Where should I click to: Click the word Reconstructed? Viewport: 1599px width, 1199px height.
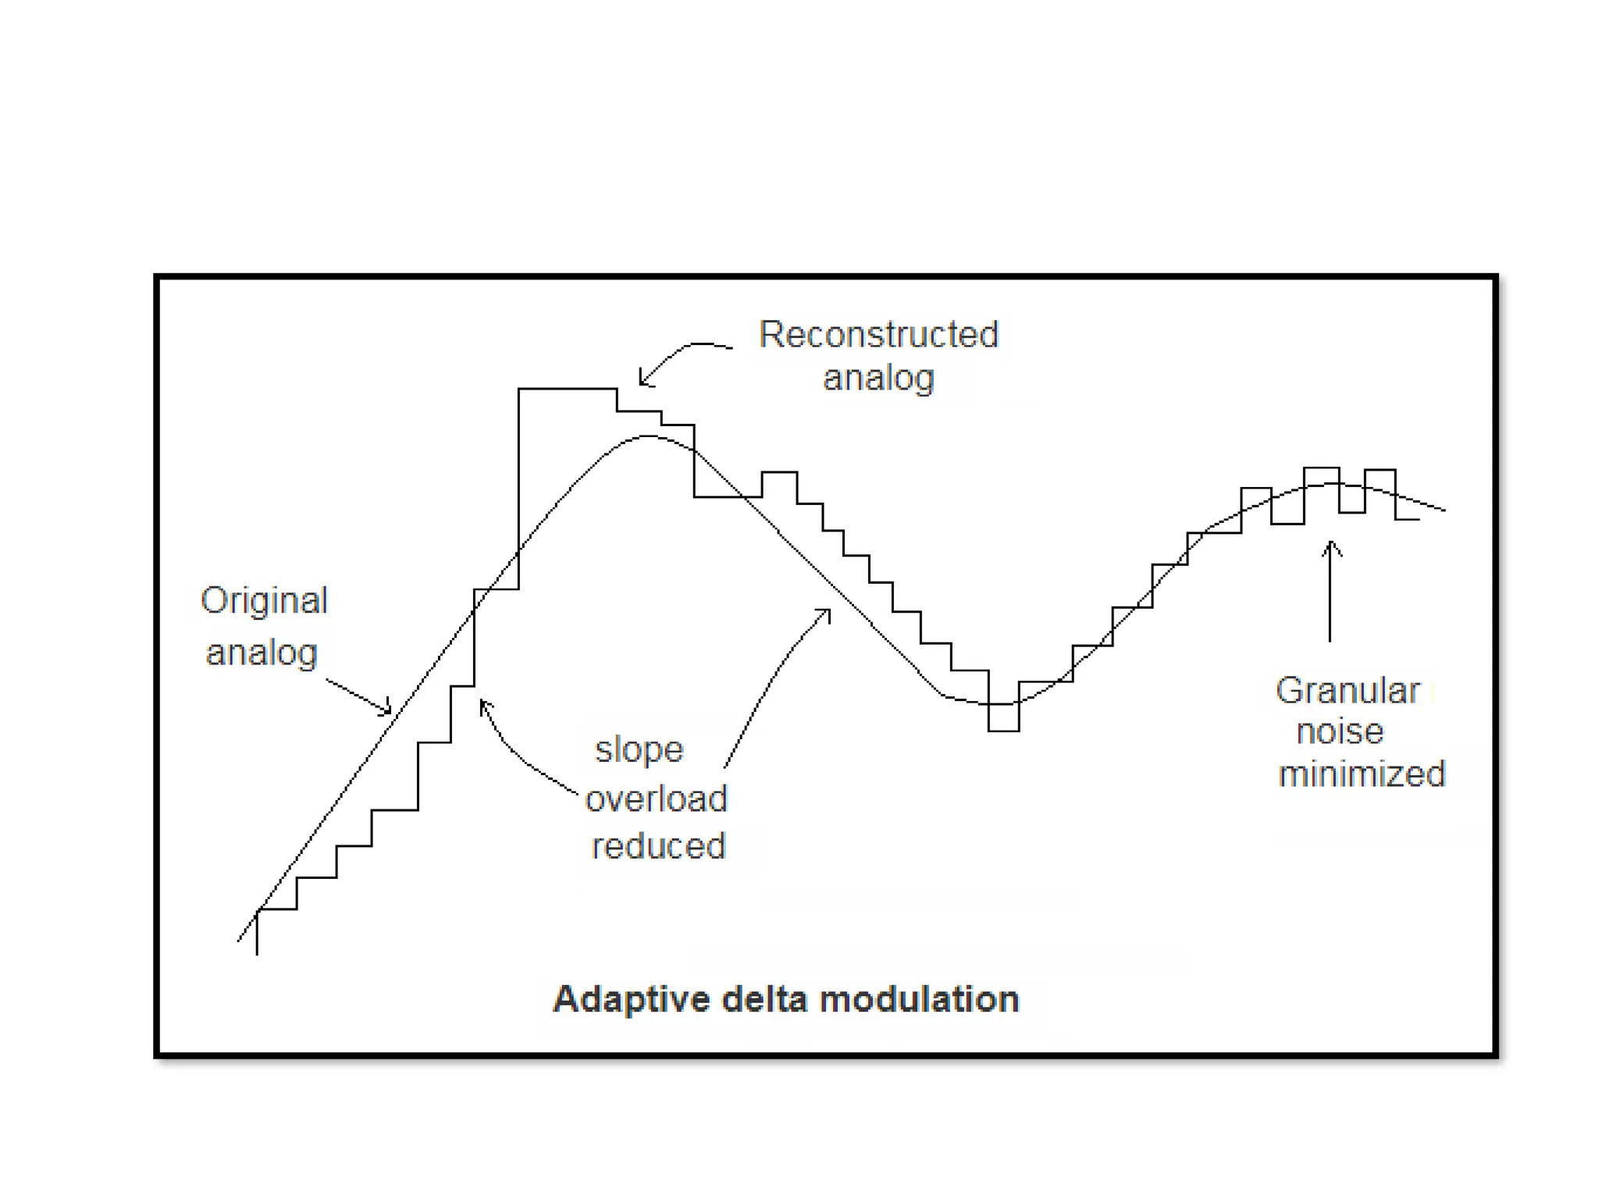click(878, 335)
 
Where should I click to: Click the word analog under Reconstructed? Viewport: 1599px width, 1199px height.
click(878, 378)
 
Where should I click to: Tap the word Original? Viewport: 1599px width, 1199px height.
click(264, 601)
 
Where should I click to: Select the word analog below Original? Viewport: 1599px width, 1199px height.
click(262, 653)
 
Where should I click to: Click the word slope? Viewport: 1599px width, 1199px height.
click(639, 750)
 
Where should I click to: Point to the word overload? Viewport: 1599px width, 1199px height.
click(657, 799)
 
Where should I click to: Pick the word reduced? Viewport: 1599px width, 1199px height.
click(658, 846)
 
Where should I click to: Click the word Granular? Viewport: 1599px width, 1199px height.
click(1348, 691)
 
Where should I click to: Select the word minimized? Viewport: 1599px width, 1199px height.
click(1362, 774)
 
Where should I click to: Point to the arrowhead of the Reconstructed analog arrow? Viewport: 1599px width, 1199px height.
click(642, 382)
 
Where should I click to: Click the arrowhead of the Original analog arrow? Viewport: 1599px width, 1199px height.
click(388, 711)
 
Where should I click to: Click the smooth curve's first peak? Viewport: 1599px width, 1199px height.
click(648, 436)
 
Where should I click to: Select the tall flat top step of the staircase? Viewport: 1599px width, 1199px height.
click(568, 388)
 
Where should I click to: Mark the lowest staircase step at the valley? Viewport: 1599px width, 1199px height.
click(1003, 731)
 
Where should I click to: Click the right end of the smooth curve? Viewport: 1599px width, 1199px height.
click(1444, 511)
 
